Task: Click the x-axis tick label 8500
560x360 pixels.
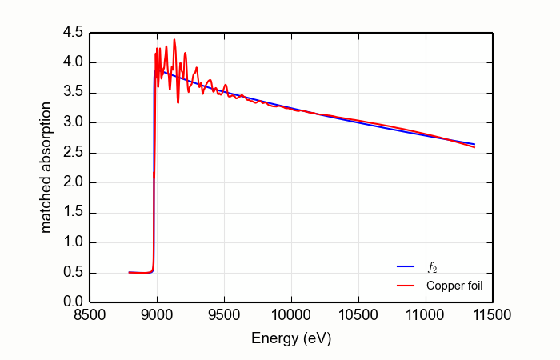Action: [90, 316]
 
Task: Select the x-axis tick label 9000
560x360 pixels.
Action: [158, 316]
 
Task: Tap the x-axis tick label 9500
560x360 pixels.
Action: [224, 316]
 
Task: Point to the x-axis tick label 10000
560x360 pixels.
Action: [291, 316]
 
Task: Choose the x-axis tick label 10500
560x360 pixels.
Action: [358, 316]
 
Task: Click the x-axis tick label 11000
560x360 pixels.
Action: [425, 316]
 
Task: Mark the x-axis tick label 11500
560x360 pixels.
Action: [492, 316]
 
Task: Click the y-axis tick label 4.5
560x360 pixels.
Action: [73, 33]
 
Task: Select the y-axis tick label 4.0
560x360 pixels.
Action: [73, 62]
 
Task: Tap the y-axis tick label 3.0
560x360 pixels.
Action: [73, 122]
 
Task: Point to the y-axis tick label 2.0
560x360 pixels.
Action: [73, 182]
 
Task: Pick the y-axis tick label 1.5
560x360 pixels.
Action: [73, 213]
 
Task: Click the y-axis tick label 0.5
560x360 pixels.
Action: [73, 273]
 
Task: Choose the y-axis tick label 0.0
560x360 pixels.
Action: [73, 302]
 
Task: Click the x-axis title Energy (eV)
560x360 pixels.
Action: [291, 338]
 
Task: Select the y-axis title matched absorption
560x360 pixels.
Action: [46, 167]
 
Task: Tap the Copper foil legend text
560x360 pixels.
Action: [454, 285]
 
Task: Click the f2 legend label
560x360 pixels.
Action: [432, 266]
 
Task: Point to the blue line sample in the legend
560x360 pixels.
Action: [406, 266]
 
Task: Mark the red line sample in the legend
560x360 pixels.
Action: [406, 285]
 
